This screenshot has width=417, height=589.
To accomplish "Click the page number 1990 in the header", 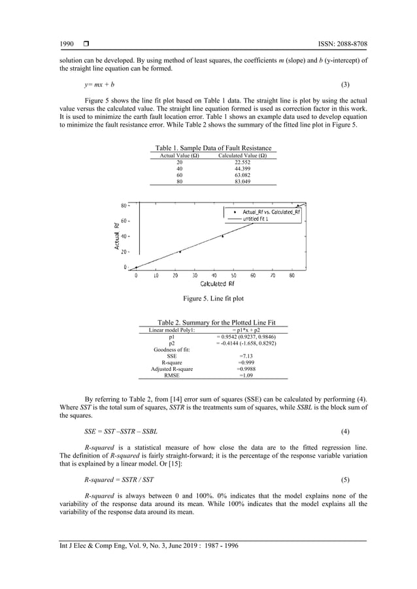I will click(x=66, y=44).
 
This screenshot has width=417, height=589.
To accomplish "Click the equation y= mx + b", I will click(x=99, y=85).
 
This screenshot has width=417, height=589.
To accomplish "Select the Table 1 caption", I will click(x=212, y=148).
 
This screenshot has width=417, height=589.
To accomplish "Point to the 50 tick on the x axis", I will click(x=233, y=276).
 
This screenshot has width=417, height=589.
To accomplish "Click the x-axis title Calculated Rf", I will click(x=217, y=284).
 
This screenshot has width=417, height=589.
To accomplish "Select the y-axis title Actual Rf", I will click(x=116, y=236).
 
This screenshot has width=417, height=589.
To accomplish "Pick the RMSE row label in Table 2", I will click(x=171, y=375).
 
